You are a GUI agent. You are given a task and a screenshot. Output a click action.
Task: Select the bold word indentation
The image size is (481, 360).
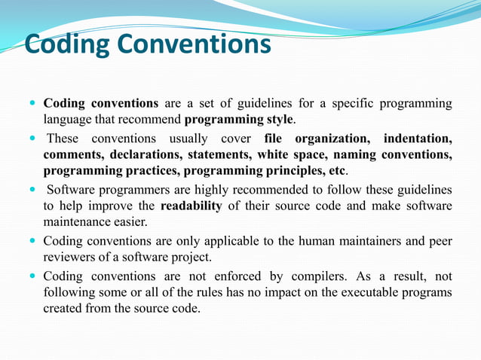click(418, 139)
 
